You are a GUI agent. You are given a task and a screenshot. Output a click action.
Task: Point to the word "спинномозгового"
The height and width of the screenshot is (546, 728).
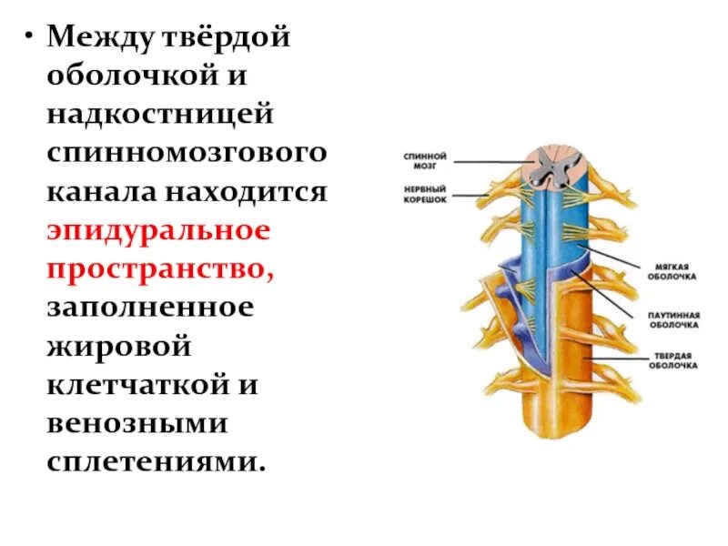pyautogui.click(x=187, y=154)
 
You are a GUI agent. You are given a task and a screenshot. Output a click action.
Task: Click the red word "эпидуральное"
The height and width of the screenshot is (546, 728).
pyautogui.click(x=159, y=231)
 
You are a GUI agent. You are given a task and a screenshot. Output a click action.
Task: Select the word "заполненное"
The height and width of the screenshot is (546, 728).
pyautogui.click(x=149, y=308)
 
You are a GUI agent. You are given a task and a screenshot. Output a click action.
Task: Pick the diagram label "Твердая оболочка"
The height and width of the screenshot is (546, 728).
pyautogui.click(x=674, y=360)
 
